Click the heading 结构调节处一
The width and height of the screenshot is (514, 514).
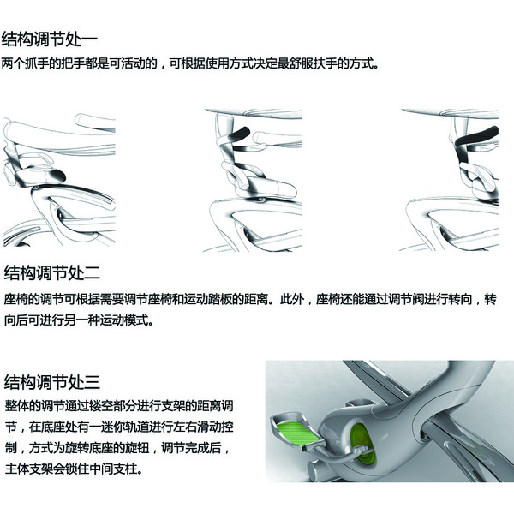50,39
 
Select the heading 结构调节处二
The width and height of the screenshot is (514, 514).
51,272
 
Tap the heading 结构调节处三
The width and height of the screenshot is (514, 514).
51,382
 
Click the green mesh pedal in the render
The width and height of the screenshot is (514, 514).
297,431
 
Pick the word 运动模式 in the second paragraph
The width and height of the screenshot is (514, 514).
123,320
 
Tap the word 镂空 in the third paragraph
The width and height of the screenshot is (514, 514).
100,406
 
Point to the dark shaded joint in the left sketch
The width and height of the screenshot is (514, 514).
57,175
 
